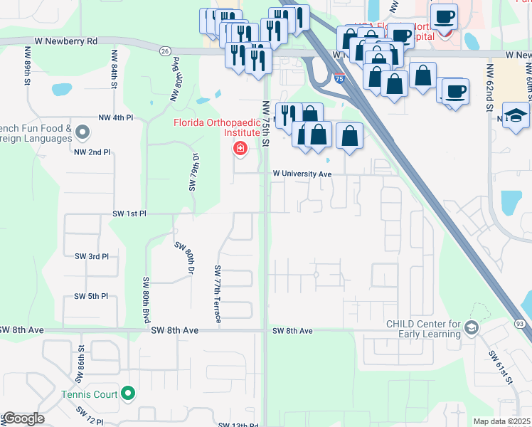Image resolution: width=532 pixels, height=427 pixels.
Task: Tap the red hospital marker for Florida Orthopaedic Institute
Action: (x=240, y=148)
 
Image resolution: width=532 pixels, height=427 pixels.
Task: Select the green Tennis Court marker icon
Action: (x=128, y=392)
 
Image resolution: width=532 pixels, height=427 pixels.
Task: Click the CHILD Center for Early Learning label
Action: (x=424, y=330)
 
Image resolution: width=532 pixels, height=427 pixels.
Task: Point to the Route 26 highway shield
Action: (x=165, y=51)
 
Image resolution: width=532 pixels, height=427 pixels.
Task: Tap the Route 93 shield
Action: (x=521, y=325)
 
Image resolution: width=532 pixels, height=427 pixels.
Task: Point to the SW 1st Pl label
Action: (x=129, y=213)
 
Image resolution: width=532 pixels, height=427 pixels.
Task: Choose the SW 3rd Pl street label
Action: (x=92, y=256)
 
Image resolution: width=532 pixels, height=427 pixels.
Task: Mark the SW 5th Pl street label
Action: (x=92, y=296)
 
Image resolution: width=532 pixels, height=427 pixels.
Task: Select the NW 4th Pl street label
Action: (x=115, y=117)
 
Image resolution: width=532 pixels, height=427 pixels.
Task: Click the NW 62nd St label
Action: (x=490, y=88)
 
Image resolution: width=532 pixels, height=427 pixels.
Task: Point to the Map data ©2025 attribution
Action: (x=501, y=421)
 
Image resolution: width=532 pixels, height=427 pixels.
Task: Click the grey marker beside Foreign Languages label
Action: (x=83, y=132)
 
